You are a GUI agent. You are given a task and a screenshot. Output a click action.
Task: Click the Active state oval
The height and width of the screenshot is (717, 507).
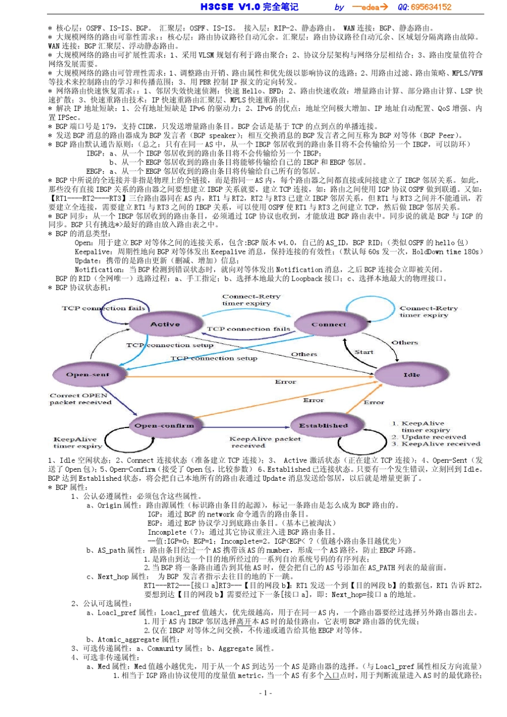pos(165,324)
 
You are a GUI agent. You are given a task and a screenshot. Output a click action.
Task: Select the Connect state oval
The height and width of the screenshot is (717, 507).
pos(329,324)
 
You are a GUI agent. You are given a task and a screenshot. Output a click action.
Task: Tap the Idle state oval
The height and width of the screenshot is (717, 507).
pos(411,375)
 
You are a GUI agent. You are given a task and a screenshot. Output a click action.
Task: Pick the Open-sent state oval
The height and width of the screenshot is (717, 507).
pos(88,375)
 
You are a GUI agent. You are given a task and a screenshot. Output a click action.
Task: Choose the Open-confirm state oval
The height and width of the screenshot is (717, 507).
pos(164,425)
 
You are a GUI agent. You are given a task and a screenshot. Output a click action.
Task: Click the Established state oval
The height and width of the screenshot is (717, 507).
pos(323,425)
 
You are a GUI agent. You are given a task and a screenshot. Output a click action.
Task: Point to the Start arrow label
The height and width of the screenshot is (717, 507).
pos(364,352)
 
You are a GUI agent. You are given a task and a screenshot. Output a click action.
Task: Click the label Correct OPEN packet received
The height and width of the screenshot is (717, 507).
pos(80,399)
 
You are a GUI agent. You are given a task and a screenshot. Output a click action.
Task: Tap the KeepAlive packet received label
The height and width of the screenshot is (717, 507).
pos(265,442)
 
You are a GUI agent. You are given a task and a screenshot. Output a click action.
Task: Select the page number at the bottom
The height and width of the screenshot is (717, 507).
pos(265,692)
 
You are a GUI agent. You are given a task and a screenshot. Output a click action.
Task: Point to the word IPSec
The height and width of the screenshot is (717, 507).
pos(68,117)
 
